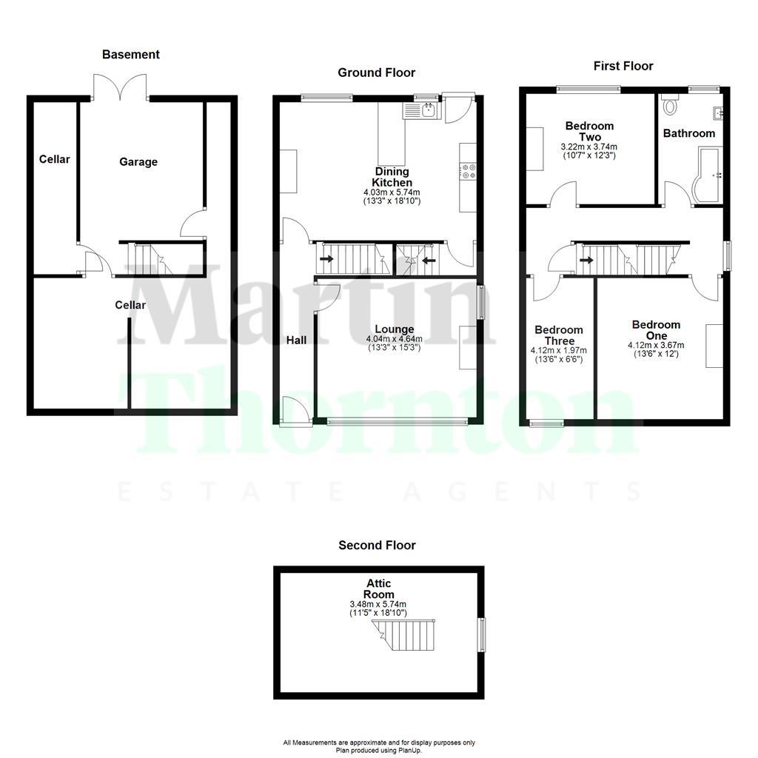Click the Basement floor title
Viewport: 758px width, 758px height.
click(x=130, y=54)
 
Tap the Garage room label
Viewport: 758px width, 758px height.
click(x=138, y=161)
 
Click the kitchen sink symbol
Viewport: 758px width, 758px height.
click(x=421, y=111)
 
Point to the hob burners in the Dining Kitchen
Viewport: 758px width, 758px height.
click(x=468, y=172)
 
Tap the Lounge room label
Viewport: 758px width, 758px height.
click(x=394, y=329)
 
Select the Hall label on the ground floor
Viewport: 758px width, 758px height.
click(x=297, y=340)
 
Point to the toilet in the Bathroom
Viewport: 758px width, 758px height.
click(x=671, y=106)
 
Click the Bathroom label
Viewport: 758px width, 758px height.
click(x=688, y=133)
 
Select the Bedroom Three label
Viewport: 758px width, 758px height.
click(x=559, y=335)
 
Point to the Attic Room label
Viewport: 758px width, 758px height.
click(x=378, y=589)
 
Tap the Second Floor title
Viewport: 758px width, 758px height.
click(x=377, y=545)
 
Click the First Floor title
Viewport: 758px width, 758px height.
click(x=623, y=66)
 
